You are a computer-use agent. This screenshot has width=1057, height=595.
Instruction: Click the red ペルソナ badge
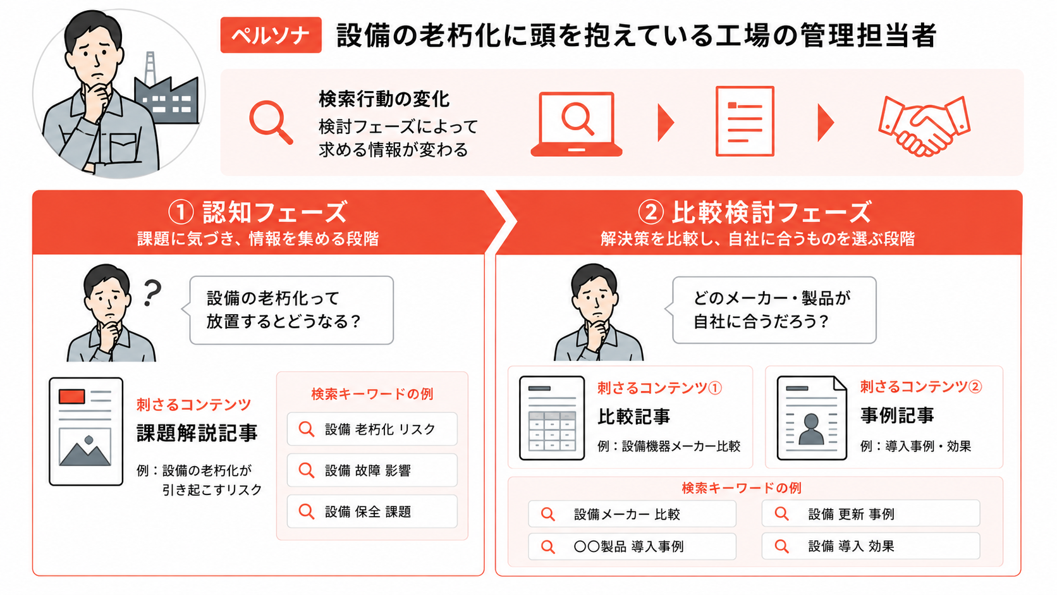coord(271,35)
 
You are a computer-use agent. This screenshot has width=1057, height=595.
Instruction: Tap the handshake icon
coord(924,126)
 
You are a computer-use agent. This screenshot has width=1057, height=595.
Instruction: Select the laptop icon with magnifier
coord(576,124)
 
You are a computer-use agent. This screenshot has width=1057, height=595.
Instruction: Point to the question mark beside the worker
coord(152,293)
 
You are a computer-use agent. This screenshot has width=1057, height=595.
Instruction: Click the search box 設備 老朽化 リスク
coord(372,429)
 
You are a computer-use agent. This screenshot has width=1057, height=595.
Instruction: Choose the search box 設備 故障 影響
coord(372,470)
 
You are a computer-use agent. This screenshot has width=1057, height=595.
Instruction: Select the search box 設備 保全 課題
coord(372,511)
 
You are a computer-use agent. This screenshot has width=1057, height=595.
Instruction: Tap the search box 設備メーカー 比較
coord(632,513)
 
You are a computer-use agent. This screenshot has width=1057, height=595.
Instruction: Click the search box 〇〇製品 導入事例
coord(632,546)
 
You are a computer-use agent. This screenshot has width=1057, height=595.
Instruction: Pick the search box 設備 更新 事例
coord(871,513)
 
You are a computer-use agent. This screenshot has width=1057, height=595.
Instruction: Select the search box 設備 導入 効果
coord(871,546)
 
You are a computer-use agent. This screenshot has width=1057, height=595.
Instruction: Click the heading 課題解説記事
coord(197,432)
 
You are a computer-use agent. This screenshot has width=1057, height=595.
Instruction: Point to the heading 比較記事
coord(633,417)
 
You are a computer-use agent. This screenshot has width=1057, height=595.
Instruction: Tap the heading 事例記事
coord(897,415)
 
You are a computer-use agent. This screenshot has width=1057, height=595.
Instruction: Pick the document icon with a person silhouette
coord(812,417)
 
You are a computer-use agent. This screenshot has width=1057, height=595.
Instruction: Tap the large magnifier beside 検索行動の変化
coord(271,122)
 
